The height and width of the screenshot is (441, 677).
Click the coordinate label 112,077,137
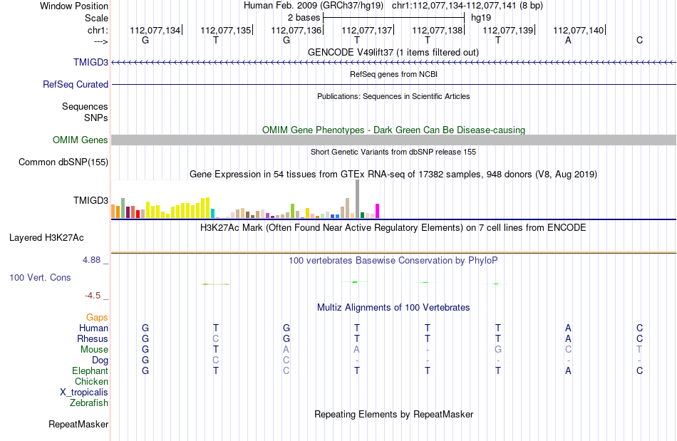point(366,30)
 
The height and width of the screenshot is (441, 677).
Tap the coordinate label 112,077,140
point(578,30)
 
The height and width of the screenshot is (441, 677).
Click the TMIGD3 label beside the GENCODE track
point(91,62)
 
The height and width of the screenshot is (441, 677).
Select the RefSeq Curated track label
point(76,84)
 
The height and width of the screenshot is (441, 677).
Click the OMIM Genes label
point(81,140)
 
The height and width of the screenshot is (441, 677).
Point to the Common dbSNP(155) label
point(63,162)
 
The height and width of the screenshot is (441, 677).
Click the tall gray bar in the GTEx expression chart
point(358,199)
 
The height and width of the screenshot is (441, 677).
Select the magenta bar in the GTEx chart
point(378,211)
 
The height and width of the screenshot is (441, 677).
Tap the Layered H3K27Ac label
point(46,238)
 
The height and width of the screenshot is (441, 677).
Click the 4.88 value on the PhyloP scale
point(91,260)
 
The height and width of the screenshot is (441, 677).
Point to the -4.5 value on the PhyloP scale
point(93,296)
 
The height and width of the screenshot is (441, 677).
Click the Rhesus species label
point(93,338)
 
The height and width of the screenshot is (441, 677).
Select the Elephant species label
point(91,370)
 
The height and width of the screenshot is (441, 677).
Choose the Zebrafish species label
point(89,403)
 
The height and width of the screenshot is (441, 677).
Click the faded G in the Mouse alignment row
point(498,350)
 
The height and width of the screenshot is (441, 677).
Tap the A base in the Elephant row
point(568,370)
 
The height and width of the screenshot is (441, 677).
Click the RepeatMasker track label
point(78,424)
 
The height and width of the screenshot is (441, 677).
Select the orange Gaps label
point(97,318)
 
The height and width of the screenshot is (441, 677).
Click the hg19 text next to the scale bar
point(481,18)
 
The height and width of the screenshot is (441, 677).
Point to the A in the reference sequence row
point(568,40)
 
